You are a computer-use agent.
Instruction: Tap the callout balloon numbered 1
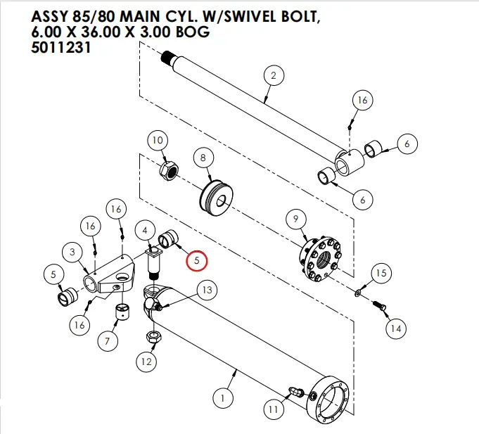tap(222, 399)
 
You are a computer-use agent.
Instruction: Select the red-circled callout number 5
tap(197, 260)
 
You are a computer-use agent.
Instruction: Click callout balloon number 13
tap(206, 290)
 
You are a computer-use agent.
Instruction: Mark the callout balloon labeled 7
tap(107, 342)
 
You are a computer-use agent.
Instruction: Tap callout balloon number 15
tap(380, 273)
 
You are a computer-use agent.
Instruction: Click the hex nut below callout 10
tap(170, 170)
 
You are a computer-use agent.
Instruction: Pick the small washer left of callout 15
tap(359, 291)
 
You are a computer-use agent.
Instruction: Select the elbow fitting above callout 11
tap(296, 390)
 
